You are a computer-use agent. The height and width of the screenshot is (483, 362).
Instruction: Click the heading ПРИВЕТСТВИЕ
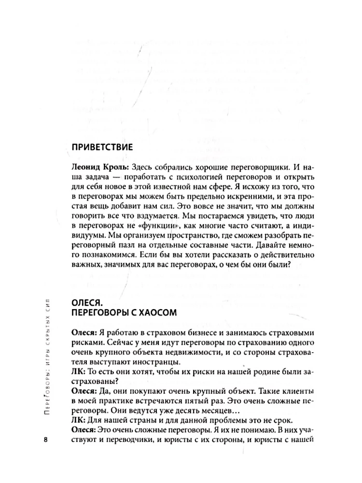coord(101,147)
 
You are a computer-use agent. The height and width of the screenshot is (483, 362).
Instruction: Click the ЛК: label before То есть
coord(77,376)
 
